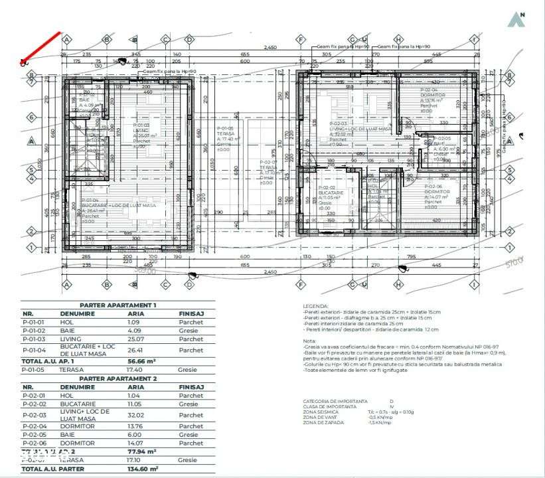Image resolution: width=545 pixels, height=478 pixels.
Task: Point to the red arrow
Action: pyautogui.click(x=42, y=47)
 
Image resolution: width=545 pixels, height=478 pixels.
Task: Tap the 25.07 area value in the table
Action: pyautogui.click(x=135, y=339)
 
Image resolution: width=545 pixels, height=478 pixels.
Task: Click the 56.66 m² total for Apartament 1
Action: pyautogui.click(x=141, y=361)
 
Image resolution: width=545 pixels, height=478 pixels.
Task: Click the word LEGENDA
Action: pyautogui.click(x=316, y=305)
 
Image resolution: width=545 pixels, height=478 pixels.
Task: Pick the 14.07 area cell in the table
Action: pyautogui.click(x=135, y=443)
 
